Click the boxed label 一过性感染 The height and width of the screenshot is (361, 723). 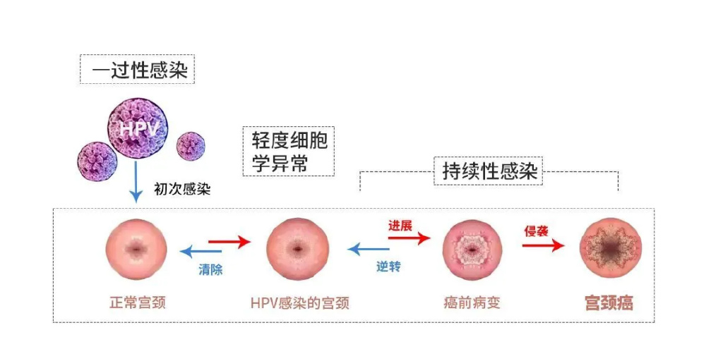click(137, 70)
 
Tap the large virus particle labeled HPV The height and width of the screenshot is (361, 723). click(138, 128)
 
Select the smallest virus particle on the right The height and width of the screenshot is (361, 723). click(191, 146)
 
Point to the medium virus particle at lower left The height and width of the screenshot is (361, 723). click(97, 161)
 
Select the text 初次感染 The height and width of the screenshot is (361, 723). click(182, 190)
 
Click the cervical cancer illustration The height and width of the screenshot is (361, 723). click(611, 248)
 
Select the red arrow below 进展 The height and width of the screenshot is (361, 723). click(410, 238)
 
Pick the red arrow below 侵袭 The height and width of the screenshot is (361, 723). click(543, 245)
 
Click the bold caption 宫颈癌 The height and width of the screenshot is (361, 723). click(609, 303)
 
